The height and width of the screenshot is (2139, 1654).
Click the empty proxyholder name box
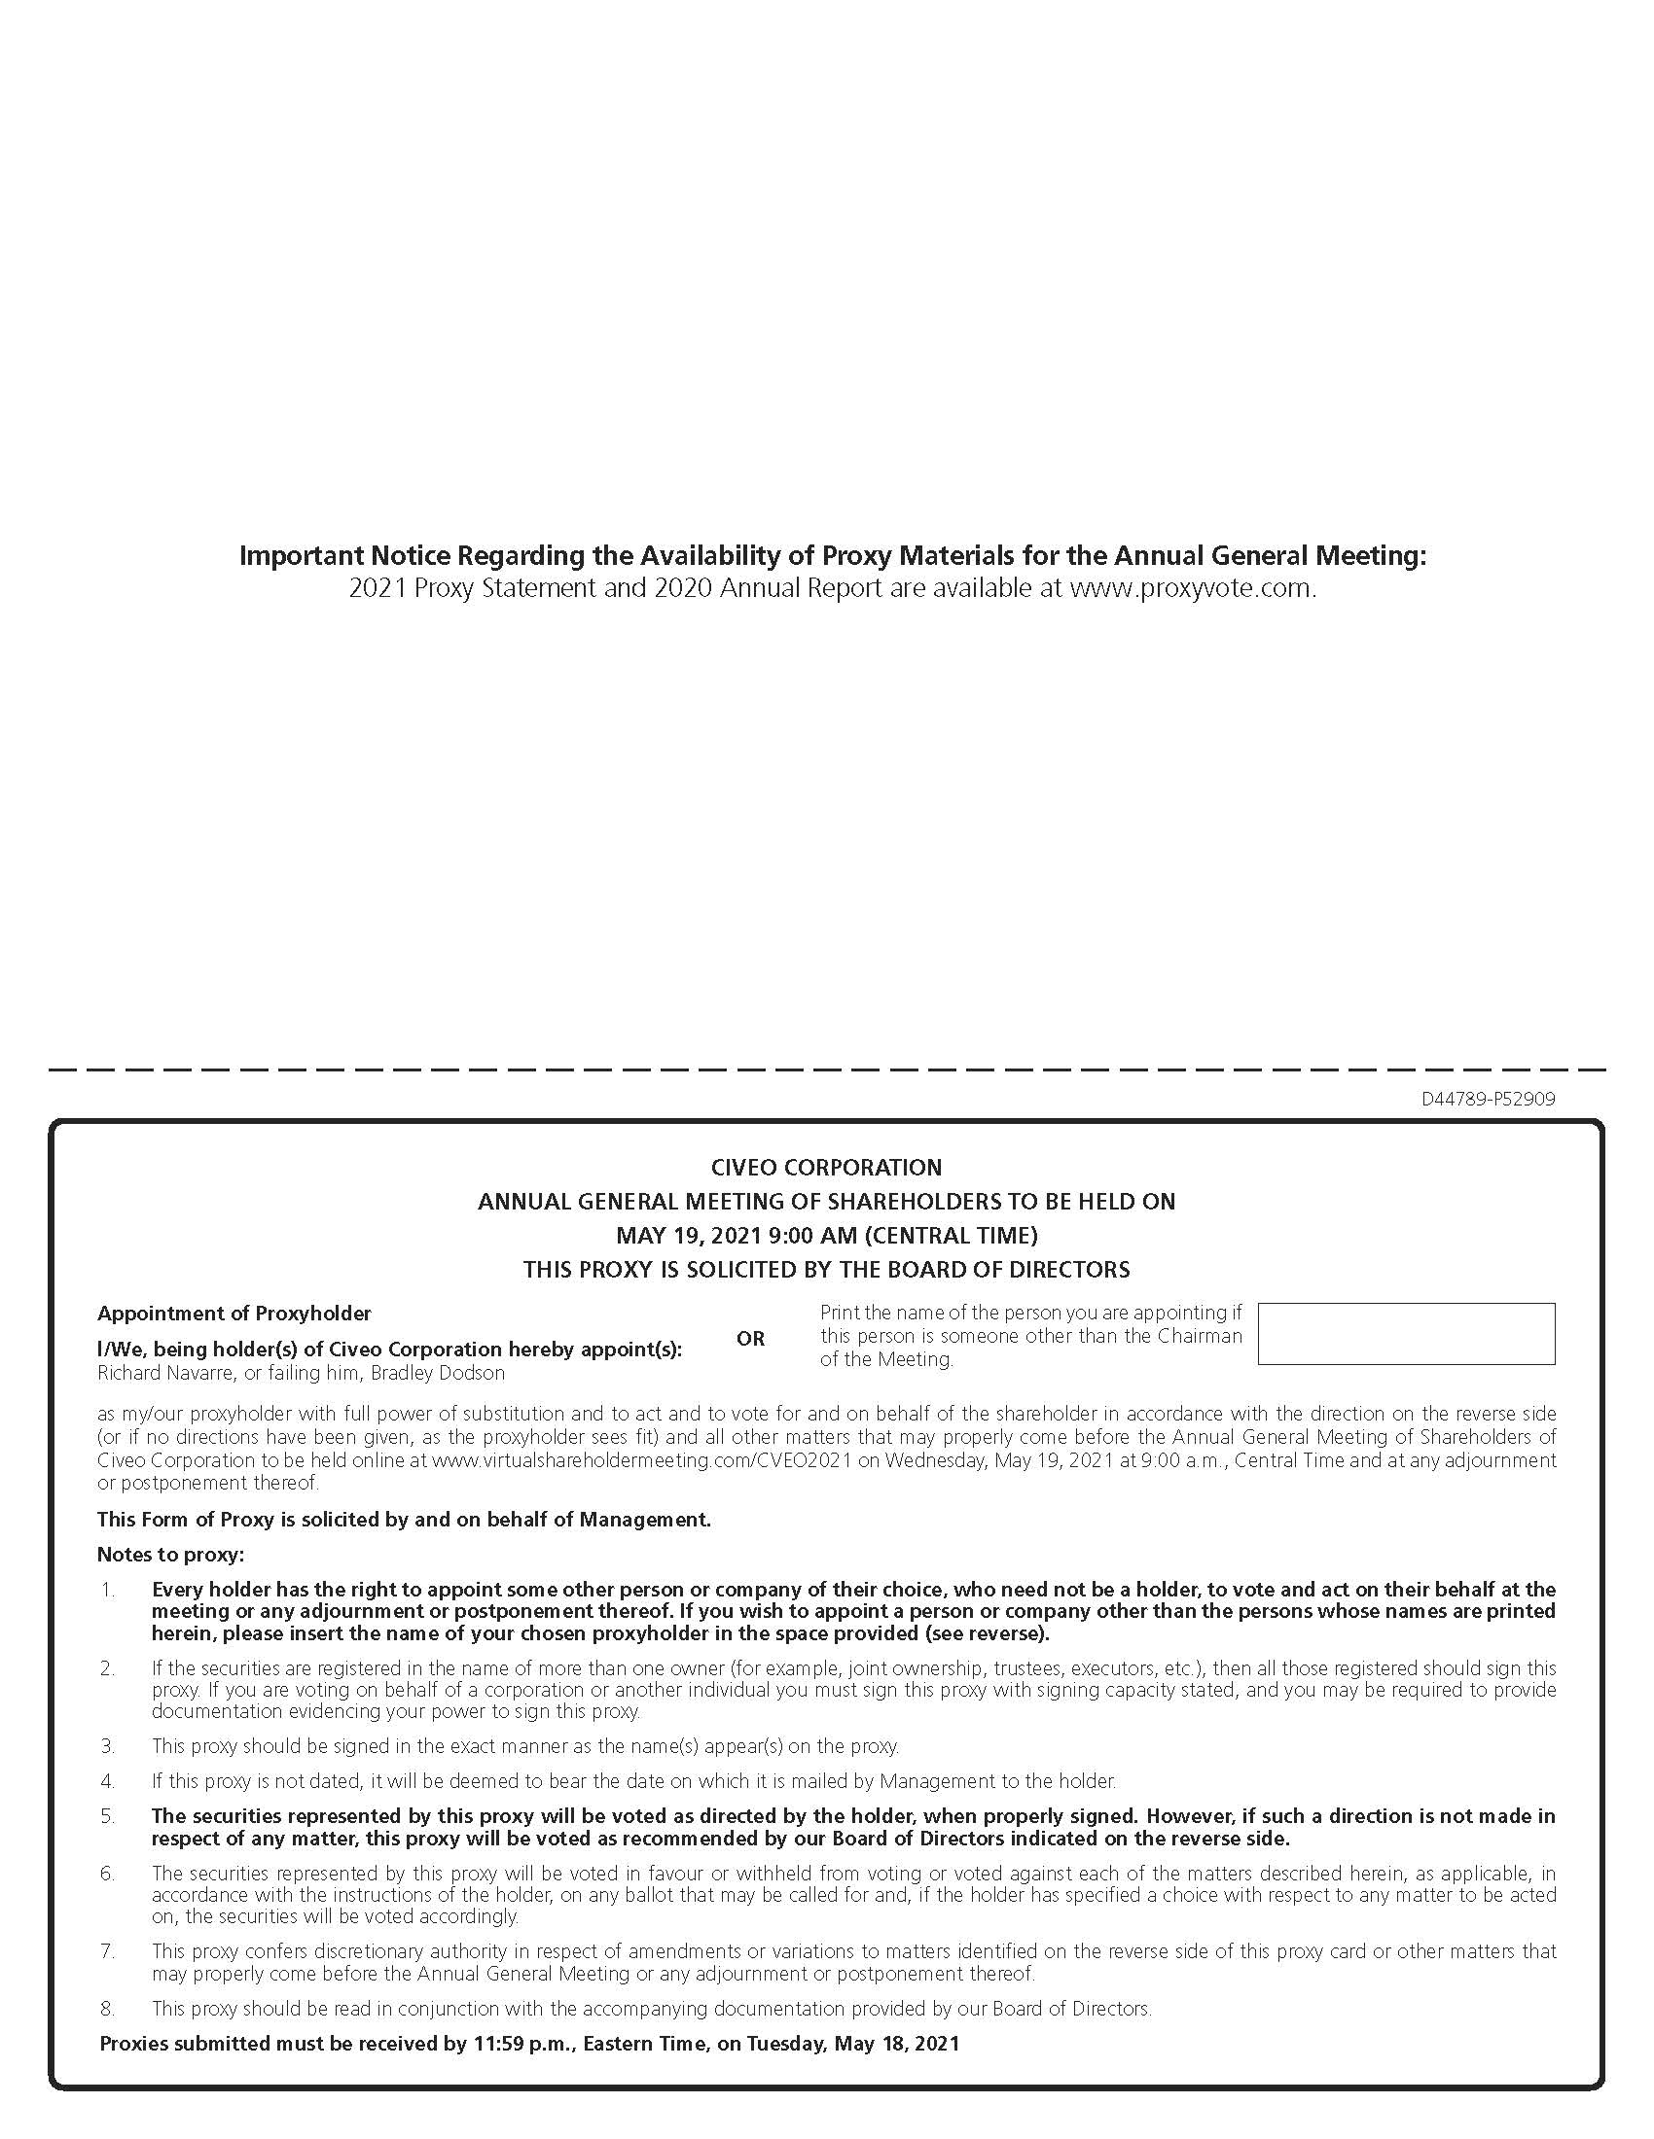1405,1333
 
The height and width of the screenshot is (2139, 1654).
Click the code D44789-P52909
1488,1099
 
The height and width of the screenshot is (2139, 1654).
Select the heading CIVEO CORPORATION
826,1167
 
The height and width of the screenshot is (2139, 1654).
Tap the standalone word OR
749,1338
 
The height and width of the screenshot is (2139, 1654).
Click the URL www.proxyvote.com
1191,588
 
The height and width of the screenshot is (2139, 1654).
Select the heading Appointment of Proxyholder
234,1313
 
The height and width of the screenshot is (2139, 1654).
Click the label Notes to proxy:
170,1555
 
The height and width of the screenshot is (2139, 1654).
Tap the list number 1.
108,1589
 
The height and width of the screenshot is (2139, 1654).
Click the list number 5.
108,1816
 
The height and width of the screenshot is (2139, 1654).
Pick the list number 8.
108,2008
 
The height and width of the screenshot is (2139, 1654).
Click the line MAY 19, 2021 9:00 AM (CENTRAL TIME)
826,1234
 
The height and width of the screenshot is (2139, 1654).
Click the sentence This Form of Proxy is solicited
404,1519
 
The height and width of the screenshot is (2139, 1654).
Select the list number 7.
108,1951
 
